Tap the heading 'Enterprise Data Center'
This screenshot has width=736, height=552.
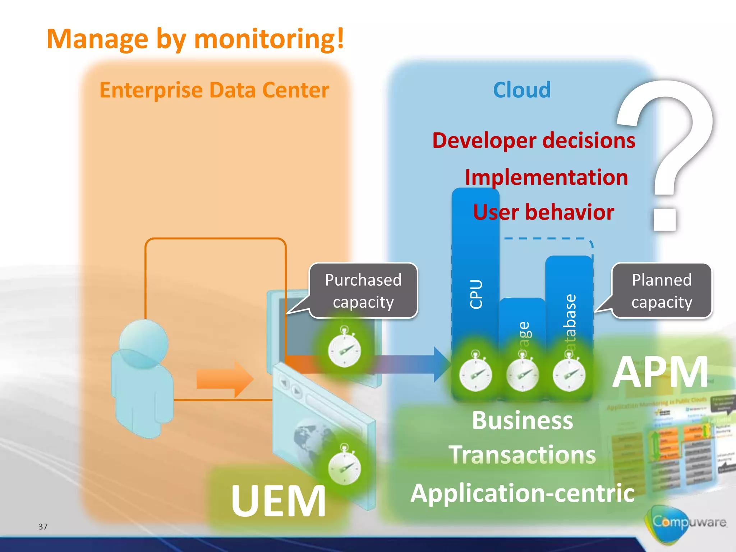click(214, 90)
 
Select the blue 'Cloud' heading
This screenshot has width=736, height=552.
click(522, 90)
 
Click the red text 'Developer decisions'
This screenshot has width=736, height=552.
click(534, 140)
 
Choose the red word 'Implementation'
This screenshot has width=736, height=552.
click(546, 177)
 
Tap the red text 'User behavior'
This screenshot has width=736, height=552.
click(543, 212)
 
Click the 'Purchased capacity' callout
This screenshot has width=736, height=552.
click(363, 291)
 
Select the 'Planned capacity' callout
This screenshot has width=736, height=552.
click(662, 291)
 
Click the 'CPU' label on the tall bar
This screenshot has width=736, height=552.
click(476, 294)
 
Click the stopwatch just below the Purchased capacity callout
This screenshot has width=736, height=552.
click(344, 349)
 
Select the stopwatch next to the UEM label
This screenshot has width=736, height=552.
click(344, 466)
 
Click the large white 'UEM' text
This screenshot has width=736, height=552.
click(279, 501)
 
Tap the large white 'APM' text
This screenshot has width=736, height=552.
click(661, 372)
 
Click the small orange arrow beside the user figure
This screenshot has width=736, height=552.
click(225, 379)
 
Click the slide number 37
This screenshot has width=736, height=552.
click(43, 526)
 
